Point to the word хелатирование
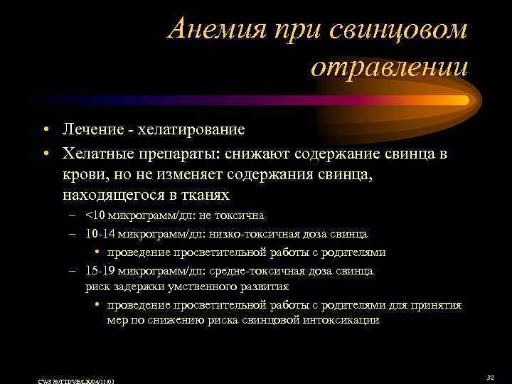(x=188, y=130)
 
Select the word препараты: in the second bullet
(x=178, y=154)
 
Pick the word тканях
(x=208, y=195)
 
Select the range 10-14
(x=97, y=233)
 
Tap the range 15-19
(x=97, y=271)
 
